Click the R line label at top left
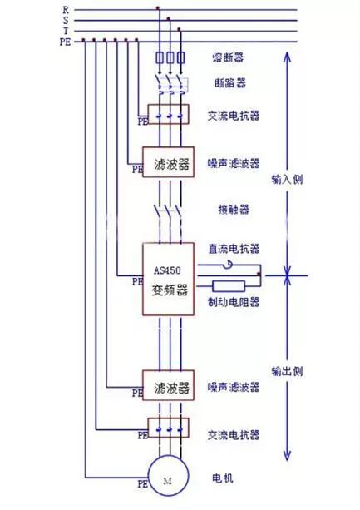(x=66, y=9)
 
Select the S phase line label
(x=66, y=20)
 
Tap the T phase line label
(x=66, y=30)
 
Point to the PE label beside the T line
(x=65, y=40)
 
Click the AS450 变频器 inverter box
(x=170, y=280)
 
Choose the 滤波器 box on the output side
(x=170, y=388)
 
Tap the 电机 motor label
(x=222, y=479)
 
